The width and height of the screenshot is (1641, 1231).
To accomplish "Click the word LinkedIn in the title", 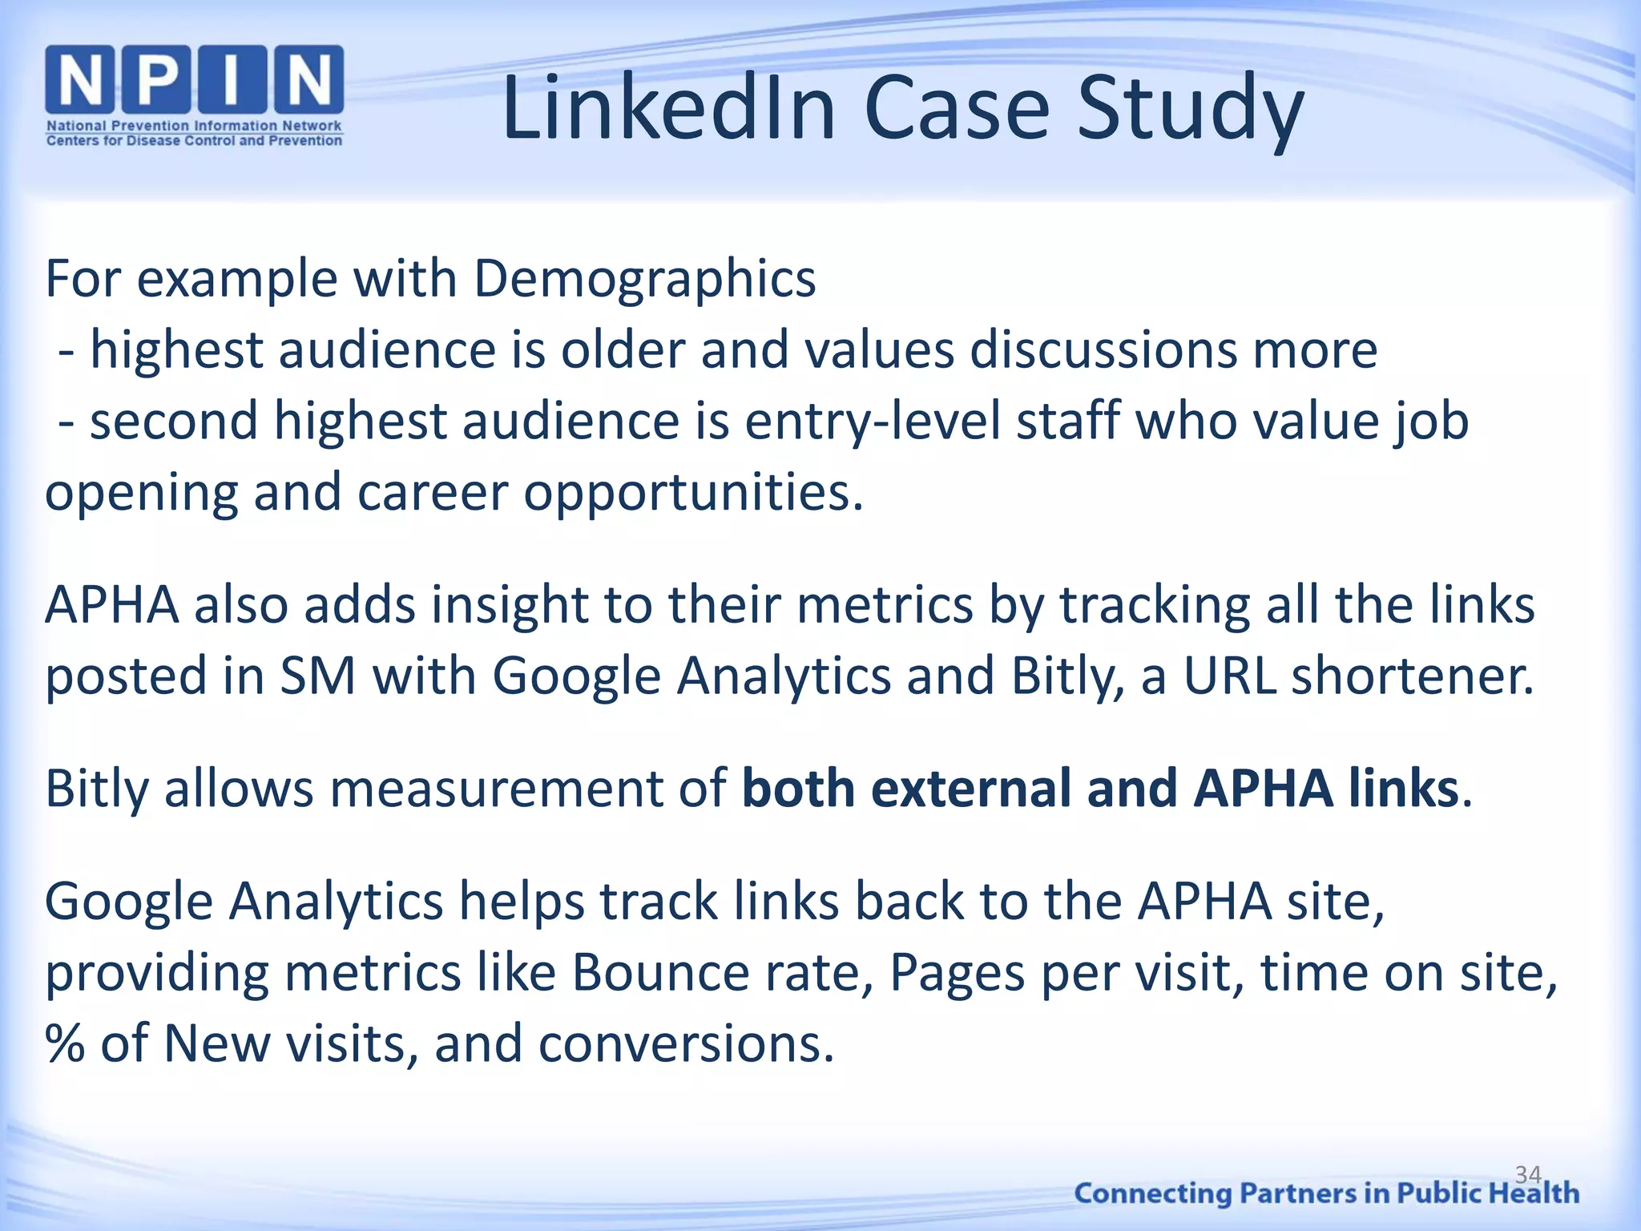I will (669, 107).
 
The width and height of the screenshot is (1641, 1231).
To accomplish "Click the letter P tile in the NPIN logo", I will (157, 80).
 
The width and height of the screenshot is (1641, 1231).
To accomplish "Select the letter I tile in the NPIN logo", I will (231, 80).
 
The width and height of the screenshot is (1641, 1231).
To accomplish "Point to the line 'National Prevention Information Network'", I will (194, 126).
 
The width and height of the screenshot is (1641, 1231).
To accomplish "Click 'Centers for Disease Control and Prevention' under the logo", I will (194, 141).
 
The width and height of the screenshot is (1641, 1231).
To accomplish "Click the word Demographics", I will (644, 280).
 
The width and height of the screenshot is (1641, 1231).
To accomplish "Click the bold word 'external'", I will (970, 789).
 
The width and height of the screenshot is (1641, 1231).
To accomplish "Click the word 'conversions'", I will (686, 1044).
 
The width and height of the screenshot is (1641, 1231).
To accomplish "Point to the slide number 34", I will (1528, 1175).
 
